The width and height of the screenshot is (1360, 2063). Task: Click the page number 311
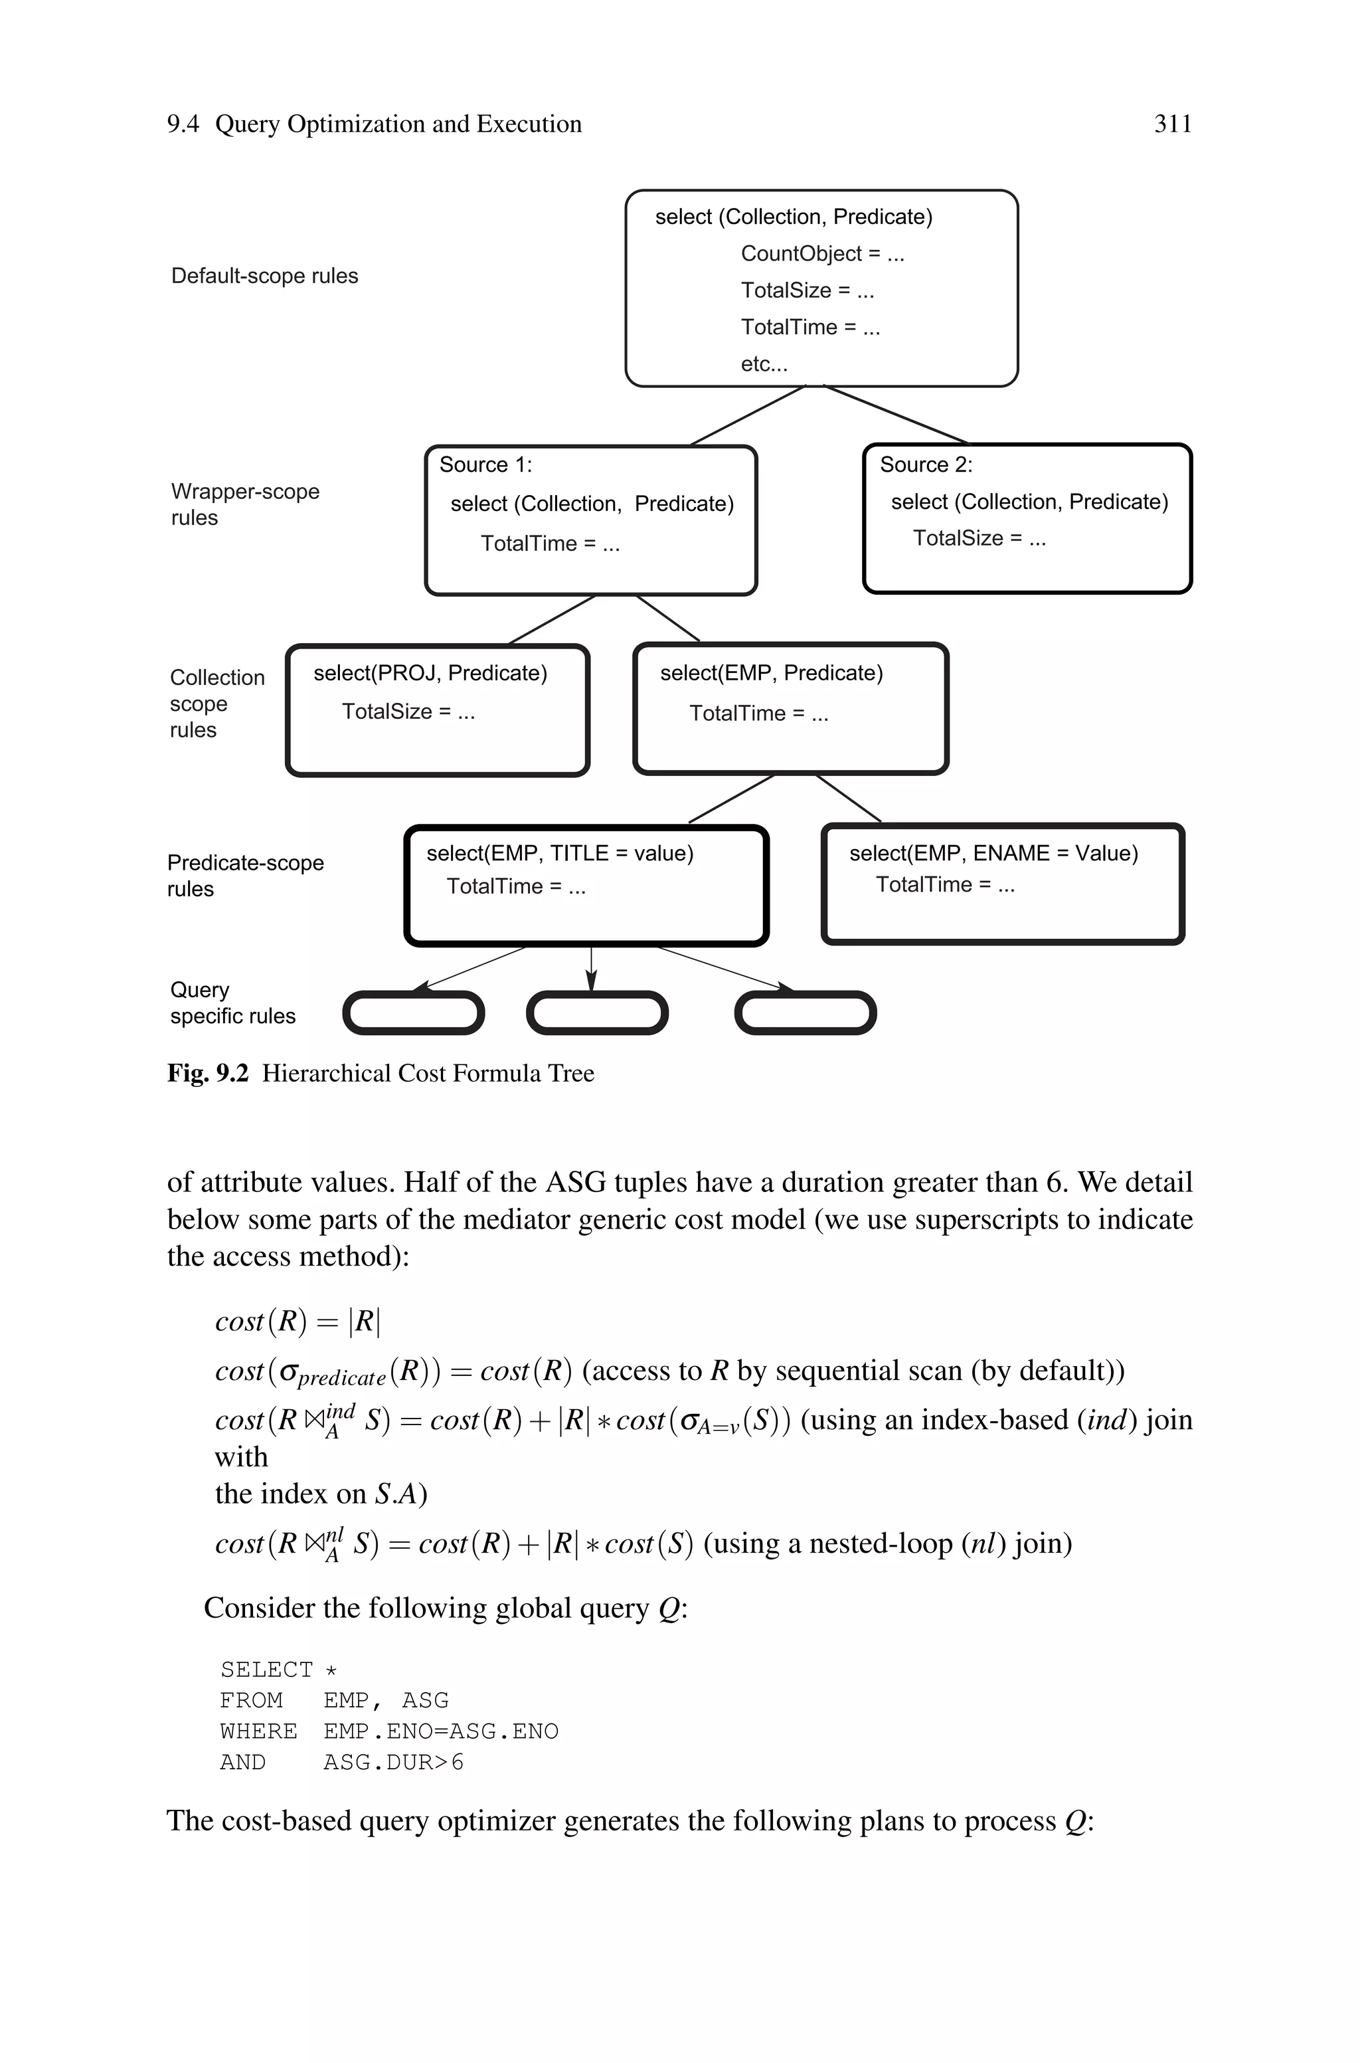(1172, 124)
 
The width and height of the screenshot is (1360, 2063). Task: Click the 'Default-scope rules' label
(264, 276)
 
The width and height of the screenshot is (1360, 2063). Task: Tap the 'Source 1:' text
(485, 465)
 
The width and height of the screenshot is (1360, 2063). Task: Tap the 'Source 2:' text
(926, 465)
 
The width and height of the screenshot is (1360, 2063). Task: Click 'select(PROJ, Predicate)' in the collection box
(430, 673)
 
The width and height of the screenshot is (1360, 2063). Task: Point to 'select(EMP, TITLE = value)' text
(559, 854)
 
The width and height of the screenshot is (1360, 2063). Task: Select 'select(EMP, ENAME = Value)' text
(993, 854)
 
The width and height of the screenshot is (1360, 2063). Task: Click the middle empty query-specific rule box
(597, 1013)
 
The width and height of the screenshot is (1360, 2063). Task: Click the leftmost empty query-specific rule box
(413, 1013)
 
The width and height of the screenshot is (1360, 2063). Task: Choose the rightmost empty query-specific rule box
(805, 1013)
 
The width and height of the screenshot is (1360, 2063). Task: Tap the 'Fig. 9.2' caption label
(207, 1074)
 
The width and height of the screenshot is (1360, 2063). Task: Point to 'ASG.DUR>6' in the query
(393, 1762)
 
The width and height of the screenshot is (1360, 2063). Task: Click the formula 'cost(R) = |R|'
(297, 1322)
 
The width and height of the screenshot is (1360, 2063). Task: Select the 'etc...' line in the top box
(763, 364)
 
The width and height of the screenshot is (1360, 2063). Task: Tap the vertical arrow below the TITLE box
(590, 967)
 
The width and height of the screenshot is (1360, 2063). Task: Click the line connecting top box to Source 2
(895, 415)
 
